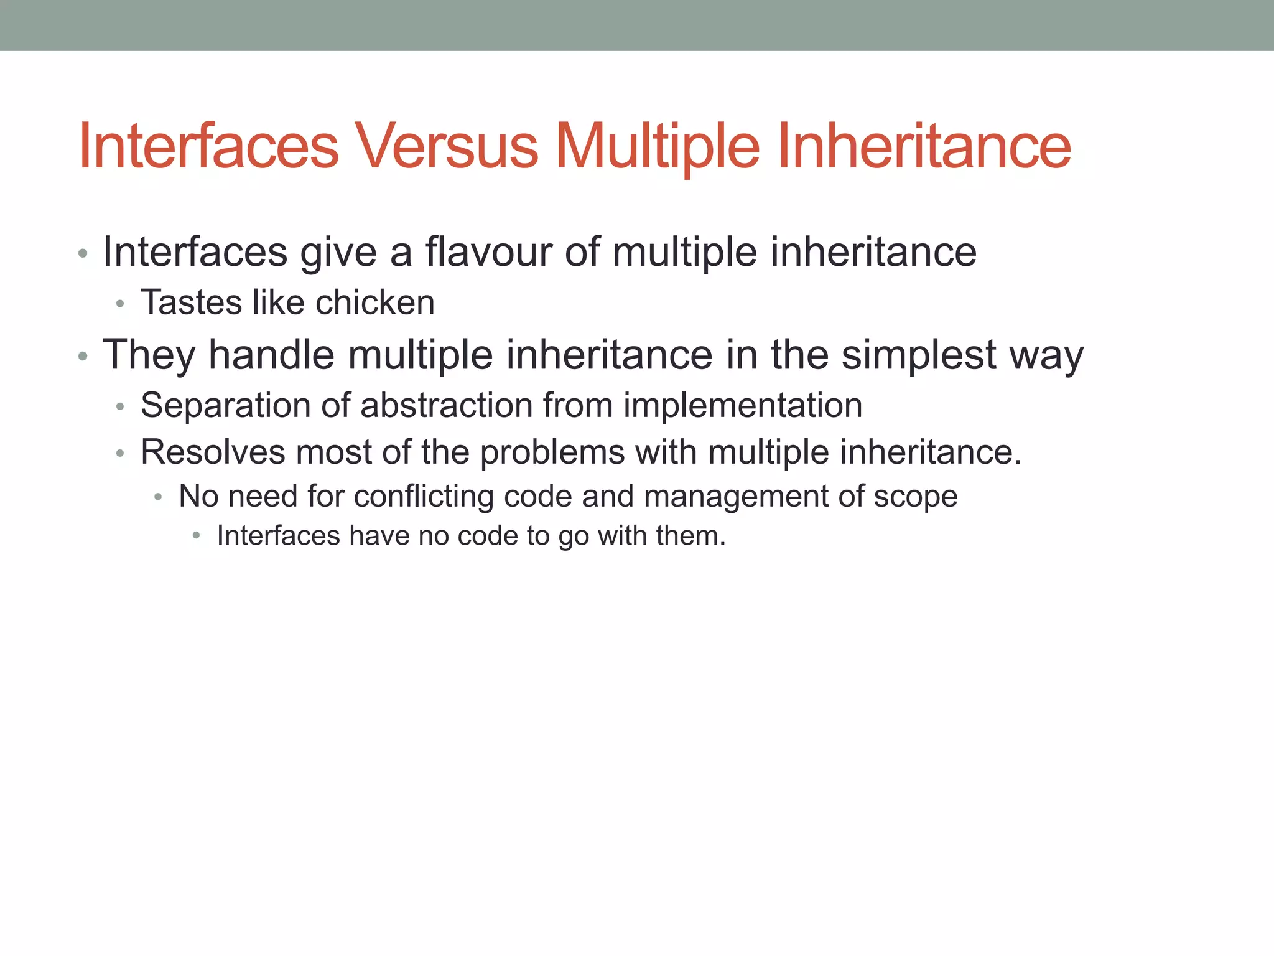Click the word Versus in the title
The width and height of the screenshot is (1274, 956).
[446, 146]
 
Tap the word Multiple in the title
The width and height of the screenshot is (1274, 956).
[657, 146]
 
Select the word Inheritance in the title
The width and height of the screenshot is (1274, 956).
[924, 146]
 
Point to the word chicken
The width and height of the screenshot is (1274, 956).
[374, 303]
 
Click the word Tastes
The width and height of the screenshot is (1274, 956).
[191, 303]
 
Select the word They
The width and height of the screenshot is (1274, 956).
[149, 355]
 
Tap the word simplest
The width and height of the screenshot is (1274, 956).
[919, 355]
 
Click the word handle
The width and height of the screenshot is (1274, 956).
[271, 355]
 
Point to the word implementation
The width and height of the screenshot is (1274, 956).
[743, 406]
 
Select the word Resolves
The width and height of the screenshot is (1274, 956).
[213, 452]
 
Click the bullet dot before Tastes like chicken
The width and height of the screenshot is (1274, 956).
[121, 304]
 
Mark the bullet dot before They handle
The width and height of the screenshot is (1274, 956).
[83, 357]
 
